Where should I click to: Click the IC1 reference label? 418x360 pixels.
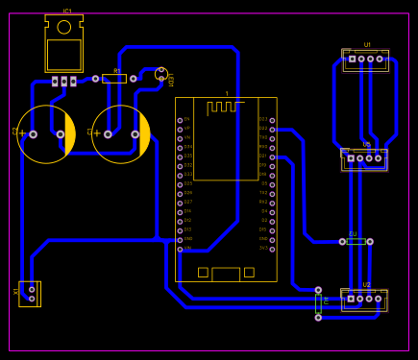[x=66, y=11]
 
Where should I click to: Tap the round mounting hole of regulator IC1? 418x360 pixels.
[x=64, y=27]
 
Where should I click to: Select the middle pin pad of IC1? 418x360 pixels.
[x=64, y=82]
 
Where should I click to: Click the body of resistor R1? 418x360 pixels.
[x=114, y=79]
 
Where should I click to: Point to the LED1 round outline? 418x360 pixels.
[x=161, y=74]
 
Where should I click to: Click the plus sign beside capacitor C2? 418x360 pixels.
[x=23, y=132]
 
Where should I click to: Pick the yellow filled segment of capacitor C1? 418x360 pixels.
[x=144, y=134]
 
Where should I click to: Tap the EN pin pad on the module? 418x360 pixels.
[x=180, y=120]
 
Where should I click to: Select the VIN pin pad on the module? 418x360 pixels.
[x=180, y=249]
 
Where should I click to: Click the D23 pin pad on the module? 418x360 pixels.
[x=272, y=120]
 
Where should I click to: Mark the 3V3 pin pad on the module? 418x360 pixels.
[x=272, y=249]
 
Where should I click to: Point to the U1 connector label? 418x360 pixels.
[x=367, y=44]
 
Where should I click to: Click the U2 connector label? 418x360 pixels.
[x=367, y=285]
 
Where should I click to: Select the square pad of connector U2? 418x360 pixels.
[x=352, y=299]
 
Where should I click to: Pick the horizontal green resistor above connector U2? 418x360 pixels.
[x=356, y=242]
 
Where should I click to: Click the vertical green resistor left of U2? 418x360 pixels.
[x=319, y=303]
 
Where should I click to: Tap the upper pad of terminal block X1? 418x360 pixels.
[x=33, y=288]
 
